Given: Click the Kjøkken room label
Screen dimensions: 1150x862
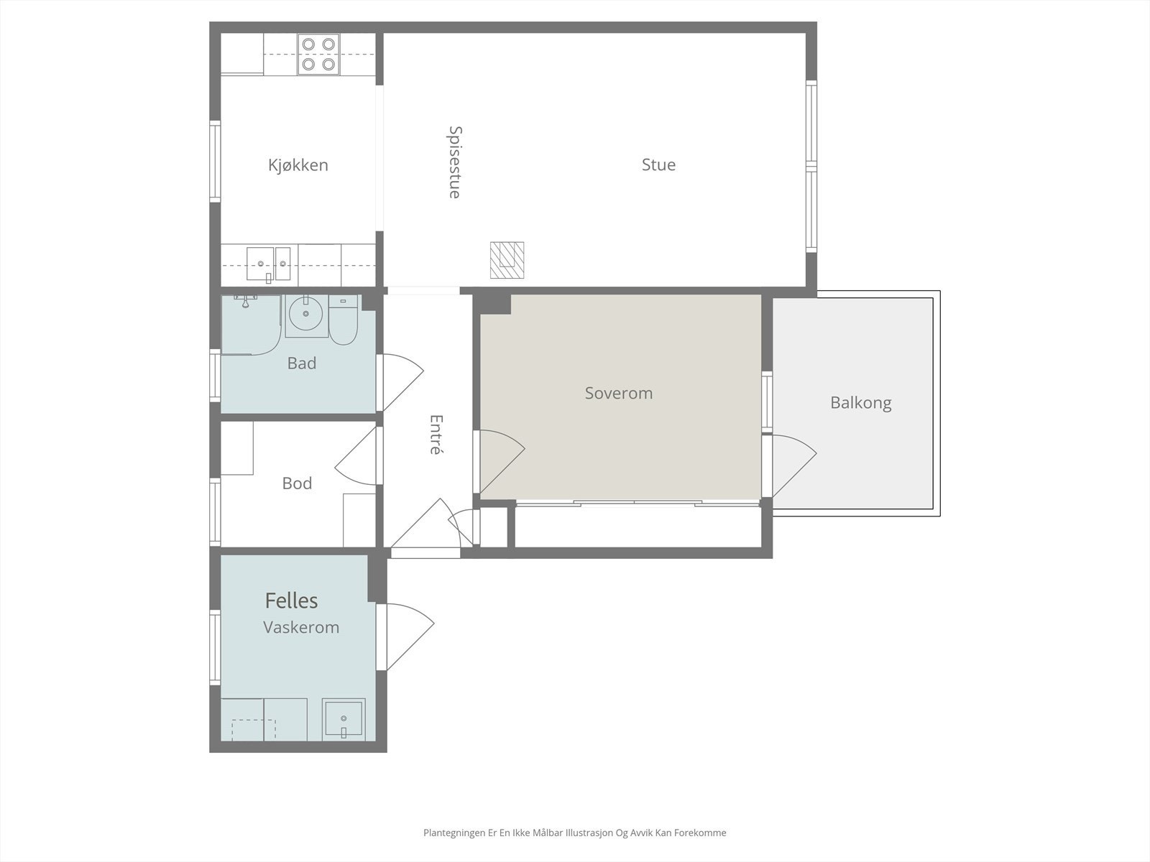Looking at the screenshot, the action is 298,165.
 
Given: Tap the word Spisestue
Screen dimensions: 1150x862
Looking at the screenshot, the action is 455,162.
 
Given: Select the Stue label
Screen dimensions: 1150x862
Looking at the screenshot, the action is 658,165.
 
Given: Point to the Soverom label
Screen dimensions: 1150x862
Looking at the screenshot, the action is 619,393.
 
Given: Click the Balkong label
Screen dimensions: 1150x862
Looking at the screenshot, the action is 861,403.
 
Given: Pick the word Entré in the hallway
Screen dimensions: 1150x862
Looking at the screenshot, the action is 436,435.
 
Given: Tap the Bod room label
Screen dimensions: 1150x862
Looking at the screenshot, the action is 297,483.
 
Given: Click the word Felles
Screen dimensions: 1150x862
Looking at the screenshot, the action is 291,601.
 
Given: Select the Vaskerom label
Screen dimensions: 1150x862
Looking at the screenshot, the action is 301,627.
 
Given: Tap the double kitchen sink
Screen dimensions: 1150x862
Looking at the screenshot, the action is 268,264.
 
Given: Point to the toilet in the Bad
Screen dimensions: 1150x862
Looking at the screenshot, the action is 343,320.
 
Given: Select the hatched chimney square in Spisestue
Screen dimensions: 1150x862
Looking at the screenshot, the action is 507,260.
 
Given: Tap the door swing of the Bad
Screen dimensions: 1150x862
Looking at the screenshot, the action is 403,382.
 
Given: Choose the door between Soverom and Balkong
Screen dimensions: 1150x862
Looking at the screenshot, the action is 793,465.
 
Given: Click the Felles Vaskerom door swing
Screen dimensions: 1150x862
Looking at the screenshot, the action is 410,636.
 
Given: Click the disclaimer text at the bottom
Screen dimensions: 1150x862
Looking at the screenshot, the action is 575,833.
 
